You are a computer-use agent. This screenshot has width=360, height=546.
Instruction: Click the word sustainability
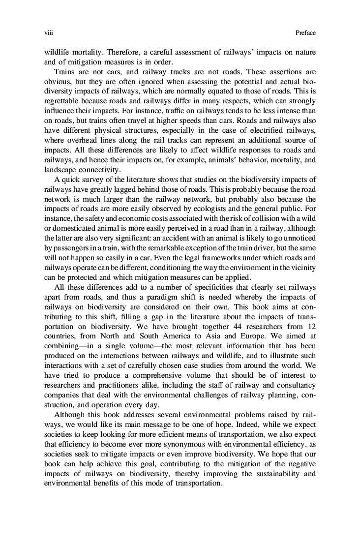[277, 474]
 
